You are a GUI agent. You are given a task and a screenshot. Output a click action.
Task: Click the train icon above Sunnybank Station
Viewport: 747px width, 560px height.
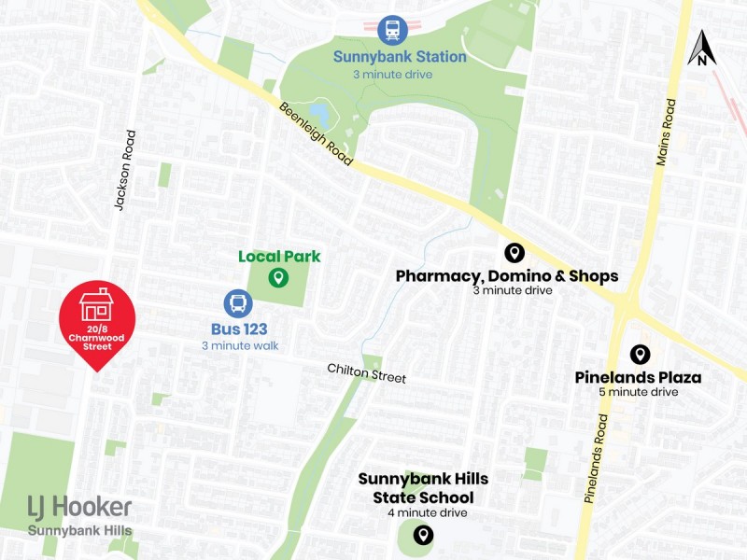393,29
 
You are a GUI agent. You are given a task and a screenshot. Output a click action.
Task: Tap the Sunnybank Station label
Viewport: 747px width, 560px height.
400,56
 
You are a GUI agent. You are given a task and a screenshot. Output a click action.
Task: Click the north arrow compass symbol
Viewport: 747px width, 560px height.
701,49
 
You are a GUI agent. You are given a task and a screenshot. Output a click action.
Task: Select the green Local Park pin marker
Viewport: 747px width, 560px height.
277,277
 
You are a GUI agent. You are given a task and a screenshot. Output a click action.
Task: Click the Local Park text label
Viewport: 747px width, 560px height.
279,256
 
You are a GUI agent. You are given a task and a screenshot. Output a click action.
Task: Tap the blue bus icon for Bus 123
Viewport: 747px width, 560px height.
238,303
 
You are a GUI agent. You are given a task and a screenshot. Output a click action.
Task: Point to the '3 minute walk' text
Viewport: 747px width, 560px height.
240,346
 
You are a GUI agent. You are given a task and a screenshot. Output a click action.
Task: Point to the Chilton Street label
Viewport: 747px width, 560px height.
366,373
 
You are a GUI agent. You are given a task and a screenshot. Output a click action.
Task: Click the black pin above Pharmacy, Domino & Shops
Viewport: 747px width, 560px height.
513,252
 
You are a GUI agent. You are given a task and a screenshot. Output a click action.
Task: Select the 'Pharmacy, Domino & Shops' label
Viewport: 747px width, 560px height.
506,276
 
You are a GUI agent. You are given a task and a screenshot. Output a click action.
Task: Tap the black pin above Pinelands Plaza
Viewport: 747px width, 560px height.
640,355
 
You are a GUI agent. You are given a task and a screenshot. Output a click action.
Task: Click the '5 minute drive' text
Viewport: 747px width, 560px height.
639,392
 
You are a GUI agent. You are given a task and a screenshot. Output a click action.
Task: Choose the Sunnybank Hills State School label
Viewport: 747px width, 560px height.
423,488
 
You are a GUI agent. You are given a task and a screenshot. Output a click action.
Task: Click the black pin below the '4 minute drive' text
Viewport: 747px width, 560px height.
423,535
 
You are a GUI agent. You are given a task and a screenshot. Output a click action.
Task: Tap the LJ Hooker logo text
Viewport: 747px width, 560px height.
78,507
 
